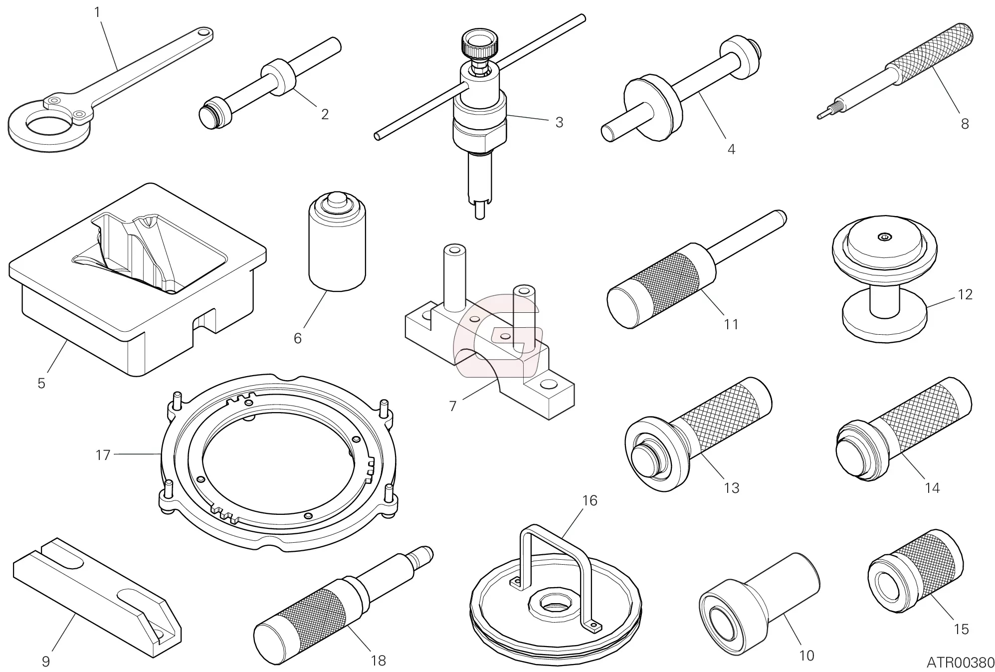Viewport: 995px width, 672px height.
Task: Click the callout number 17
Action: point(103,455)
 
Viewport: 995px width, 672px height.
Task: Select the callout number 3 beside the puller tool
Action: point(559,122)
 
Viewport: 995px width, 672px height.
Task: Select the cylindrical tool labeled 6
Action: point(337,244)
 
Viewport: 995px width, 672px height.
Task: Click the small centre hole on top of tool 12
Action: point(884,237)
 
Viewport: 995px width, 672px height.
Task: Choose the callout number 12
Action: point(965,294)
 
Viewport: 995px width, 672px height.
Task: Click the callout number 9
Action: point(45,662)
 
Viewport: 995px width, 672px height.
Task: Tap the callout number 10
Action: point(806,655)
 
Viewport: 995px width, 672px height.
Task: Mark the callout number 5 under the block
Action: point(41,383)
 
